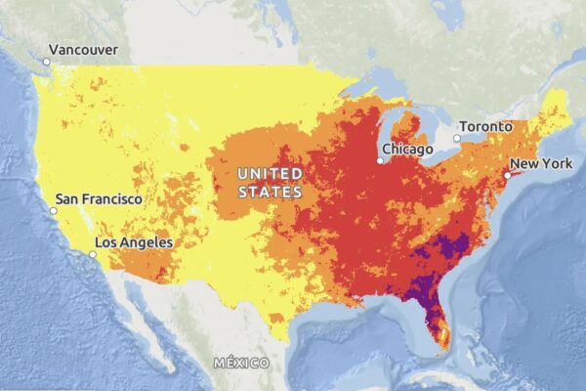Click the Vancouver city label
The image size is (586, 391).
tap(83, 50)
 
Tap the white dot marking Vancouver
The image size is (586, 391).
tap(46, 63)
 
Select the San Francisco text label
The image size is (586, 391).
tap(99, 198)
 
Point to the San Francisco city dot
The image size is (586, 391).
tap(54, 210)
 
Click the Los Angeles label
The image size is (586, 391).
tap(134, 241)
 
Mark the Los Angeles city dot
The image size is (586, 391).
tap(93, 254)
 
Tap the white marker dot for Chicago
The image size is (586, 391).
tap(380, 160)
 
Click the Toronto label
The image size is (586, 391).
tap(485, 127)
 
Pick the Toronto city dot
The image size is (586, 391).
tap(455, 139)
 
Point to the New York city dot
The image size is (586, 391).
tap(507, 175)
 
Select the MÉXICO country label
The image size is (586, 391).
tap(241, 363)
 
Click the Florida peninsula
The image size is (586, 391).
tap(436, 318)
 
